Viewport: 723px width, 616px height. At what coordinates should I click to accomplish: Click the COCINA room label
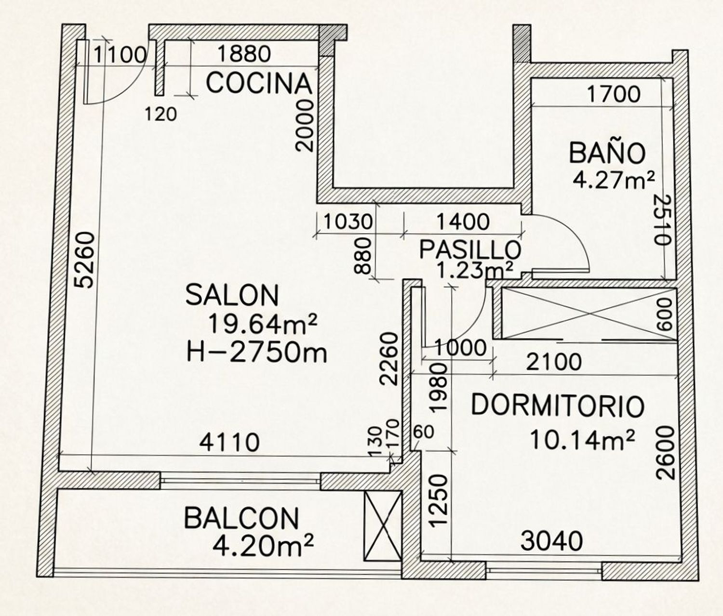(259, 83)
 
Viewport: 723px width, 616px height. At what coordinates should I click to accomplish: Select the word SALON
(232, 295)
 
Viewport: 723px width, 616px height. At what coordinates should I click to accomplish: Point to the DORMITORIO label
(558, 406)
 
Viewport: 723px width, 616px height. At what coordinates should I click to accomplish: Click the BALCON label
(241, 518)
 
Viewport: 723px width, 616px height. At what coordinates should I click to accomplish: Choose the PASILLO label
(470, 249)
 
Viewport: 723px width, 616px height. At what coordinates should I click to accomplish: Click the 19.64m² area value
(263, 324)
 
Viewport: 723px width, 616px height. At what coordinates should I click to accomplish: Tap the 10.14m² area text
(582, 439)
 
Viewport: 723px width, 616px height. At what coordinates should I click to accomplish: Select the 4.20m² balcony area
(263, 546)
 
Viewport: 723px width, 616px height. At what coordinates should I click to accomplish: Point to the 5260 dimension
(85, 261)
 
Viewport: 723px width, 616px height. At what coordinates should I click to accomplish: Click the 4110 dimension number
(229, 442)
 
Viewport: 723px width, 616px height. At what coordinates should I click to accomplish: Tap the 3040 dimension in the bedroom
(551, 541)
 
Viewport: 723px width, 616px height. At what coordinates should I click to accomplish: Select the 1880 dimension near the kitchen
(244, 54)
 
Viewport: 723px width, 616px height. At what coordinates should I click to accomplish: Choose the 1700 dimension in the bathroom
(614, 94)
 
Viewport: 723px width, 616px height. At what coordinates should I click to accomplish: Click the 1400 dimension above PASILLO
(462, 222)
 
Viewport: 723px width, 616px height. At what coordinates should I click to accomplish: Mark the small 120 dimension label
(161, 114)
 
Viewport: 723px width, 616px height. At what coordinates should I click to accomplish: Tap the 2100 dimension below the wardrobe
(554, 363)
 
